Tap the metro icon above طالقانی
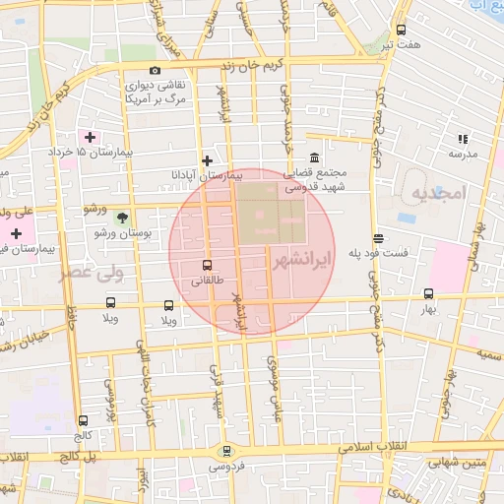(x=207, y=265)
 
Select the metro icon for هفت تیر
(x=400, y=31)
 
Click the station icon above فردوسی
(x=228, y=451)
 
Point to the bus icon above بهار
(x=427, y=293)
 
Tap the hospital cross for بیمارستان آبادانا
(x=207, y=160)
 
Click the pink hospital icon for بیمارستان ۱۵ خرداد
(x=91, y=138)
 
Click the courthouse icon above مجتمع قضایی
(x=314, y=158)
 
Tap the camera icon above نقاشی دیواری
(x=155, y=70)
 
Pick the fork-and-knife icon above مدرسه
(x=463, y=139)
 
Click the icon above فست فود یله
(x=378, y=238)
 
